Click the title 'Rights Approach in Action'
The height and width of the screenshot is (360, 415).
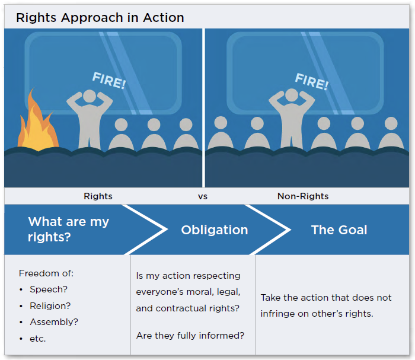pos(100,17)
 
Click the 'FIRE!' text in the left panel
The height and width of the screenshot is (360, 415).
pos(108,81)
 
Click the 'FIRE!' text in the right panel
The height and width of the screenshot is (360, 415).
pos(311,81)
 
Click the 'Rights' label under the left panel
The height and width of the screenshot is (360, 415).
pos(98,196)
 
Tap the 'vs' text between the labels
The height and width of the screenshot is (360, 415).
pos(203,196)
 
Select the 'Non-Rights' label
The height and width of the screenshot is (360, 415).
pos(303,196)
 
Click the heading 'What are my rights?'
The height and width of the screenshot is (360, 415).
pos(68,230)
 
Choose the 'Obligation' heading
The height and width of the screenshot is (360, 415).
pos(215,230)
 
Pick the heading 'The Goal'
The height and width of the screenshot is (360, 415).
pos(339,230)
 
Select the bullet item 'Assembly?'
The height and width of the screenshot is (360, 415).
pos(54,322)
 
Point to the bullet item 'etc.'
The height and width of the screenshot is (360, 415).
pos(37,339)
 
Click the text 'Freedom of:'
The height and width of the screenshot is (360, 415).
pos(46,273)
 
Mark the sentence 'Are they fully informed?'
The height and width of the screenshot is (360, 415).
pos(190,336)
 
